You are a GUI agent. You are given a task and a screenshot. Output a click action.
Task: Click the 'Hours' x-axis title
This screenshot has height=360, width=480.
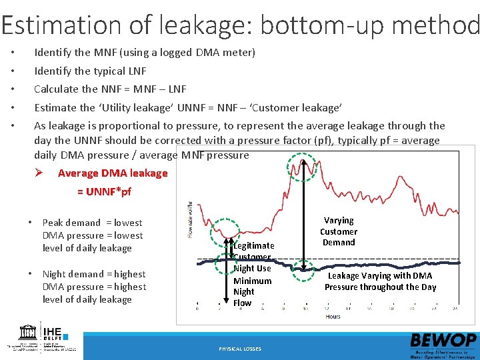click(x=333, y=316)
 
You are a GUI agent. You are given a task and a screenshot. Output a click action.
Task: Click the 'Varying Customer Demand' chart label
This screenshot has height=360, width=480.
click(x=339, y=231)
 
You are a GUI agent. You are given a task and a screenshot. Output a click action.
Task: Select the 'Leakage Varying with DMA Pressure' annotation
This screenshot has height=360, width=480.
click(x=380, y=281)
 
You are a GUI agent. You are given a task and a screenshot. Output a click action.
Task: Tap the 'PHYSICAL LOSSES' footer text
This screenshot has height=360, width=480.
click(x=240, y=349)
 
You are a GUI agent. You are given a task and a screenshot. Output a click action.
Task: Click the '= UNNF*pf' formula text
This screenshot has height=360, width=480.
click(x=104, y=192)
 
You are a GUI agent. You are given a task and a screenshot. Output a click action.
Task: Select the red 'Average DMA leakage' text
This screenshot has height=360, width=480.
click(x=113, y=173)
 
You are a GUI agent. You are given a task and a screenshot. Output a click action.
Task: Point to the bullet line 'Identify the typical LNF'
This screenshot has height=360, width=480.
click(x=90, y=71)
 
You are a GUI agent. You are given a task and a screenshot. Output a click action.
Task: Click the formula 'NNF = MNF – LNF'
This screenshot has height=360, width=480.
click(x=143, y=89)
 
